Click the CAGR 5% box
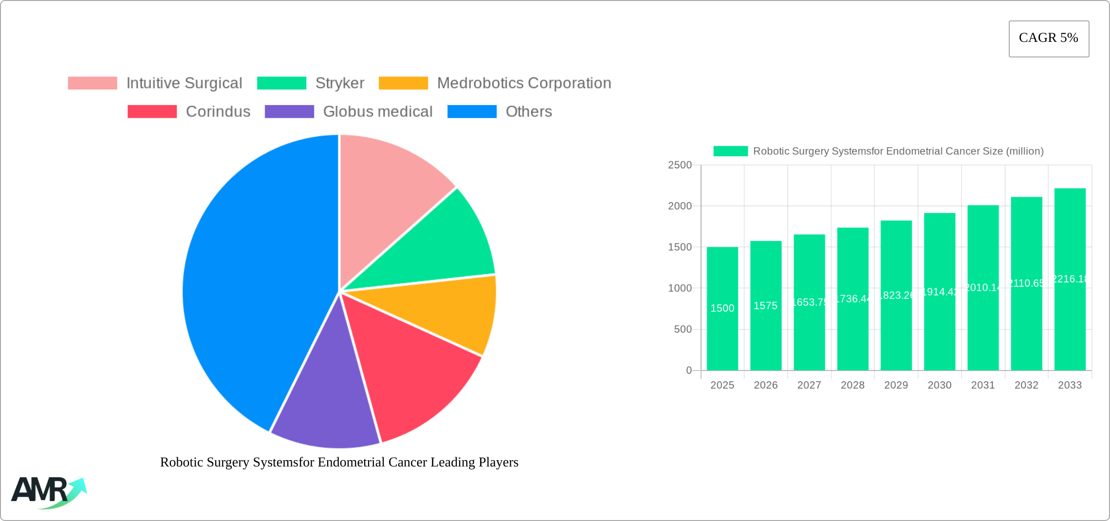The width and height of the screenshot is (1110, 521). [x=1048, y=38]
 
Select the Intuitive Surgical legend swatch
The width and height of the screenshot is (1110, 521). [x=92, y=83]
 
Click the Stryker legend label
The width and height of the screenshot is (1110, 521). [x=340, y=83]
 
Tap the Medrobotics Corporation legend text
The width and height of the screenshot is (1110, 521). [x=524, y=83]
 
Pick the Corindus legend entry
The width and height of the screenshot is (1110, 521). [x=218, y=112]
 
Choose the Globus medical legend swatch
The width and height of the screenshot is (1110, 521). [x=289, y=112]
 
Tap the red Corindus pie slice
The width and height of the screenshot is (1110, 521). [x=409, y=370]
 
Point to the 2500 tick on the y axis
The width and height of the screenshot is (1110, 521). [x=680, y=165]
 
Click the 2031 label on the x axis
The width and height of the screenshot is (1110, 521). [x=982, y=385]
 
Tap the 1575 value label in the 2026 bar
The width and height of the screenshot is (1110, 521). [x=765, y=306]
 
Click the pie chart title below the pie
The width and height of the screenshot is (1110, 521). [x=339, y=462]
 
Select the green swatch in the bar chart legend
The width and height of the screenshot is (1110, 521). [x=730, y=151]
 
